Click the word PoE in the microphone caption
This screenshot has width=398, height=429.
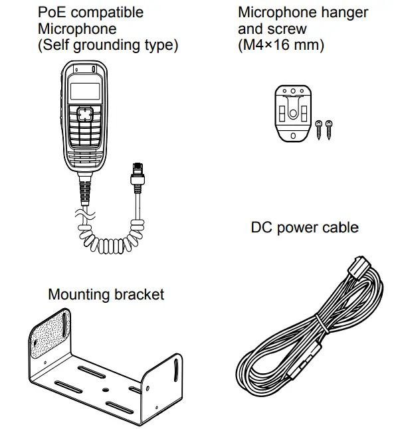point(51,12)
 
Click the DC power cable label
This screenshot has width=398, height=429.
point(304,228)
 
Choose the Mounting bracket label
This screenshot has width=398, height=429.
point(106,294)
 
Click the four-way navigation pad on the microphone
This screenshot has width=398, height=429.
point(84,115)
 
